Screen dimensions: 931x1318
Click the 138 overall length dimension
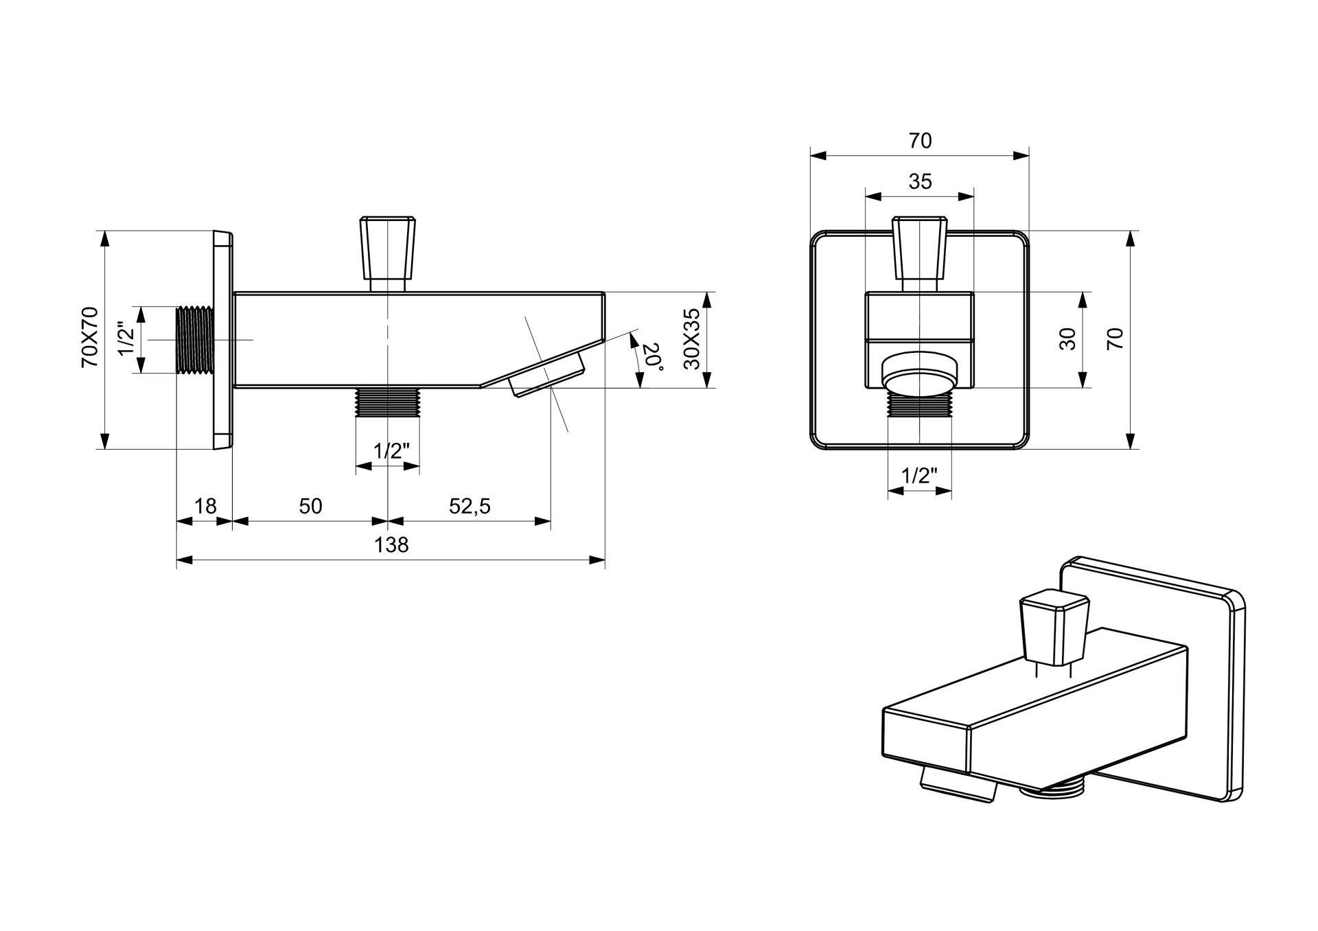tap(391, 544)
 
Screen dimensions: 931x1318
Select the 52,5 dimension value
tap(470, 506)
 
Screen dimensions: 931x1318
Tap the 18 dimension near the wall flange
tap(205, 506)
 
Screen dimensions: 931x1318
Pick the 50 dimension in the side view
tap(310, 506)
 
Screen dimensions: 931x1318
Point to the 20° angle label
tap(652, 358)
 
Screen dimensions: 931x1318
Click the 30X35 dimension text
tap(692, 339)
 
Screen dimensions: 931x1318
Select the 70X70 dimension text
tap(90, 337)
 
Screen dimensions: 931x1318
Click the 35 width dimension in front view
tap(920, 181)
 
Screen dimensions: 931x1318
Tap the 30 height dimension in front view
tap(1068, 339)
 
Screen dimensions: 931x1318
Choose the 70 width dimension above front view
tap(920, 141)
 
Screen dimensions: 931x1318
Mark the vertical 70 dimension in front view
tap(1115, 339)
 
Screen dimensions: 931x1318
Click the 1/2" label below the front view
tap(919, 475)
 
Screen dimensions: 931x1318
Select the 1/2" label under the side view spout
tap(391, 451)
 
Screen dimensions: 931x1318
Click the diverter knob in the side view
tap(389, 247)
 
